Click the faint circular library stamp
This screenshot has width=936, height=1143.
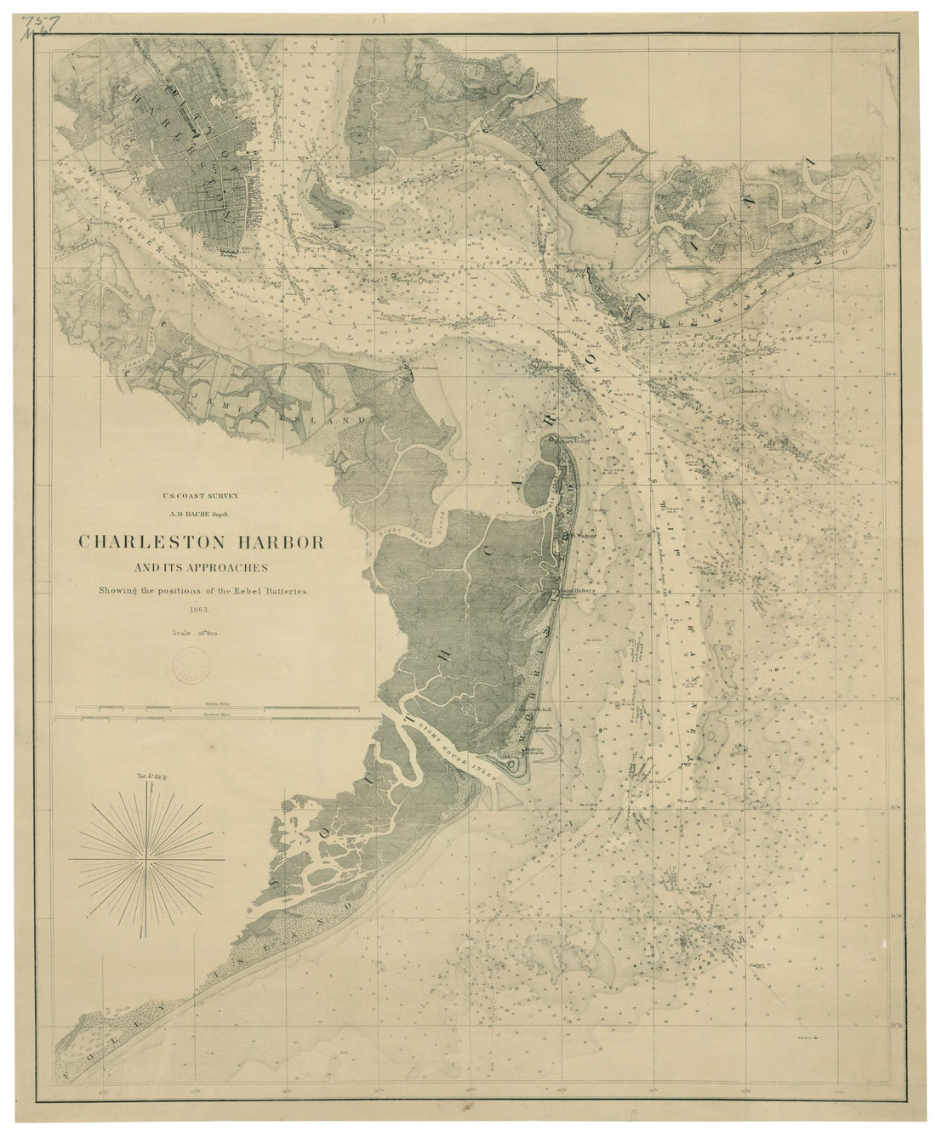coord(193,662)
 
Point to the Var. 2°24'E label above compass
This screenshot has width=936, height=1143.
coord(151,776)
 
